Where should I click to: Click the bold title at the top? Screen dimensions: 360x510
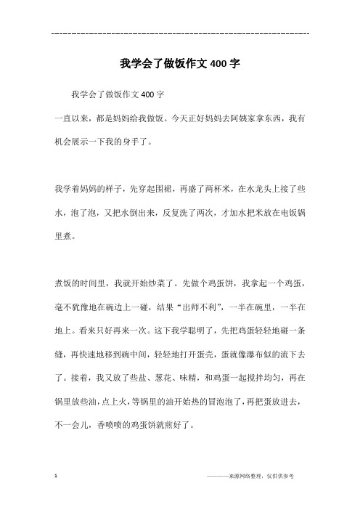pyautogui.click(x=179, y=62)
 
